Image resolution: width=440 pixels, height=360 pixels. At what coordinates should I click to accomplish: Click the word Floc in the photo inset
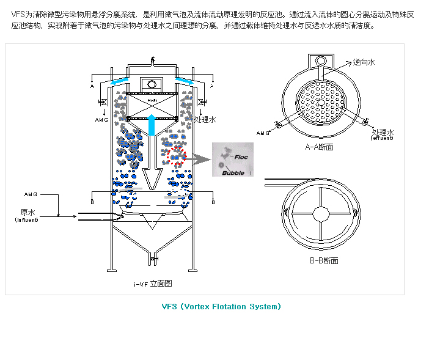pos(241,157)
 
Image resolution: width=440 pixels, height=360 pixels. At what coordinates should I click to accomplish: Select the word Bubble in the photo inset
pos(233,173)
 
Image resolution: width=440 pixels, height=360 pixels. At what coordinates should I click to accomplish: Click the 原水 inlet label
pos(26,213)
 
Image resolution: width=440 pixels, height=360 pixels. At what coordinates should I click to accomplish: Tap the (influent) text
pos(26,220)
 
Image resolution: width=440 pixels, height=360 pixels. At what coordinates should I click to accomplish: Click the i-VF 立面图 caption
pos(153,283)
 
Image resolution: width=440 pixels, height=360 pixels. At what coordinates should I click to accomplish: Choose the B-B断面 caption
pos(323,260)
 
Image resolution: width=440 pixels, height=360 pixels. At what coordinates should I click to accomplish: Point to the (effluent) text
pos(383,138)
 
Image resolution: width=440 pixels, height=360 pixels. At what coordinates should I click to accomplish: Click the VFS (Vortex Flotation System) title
pos(221,306)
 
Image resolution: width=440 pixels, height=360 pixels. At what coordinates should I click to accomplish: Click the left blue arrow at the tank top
pos(120,83)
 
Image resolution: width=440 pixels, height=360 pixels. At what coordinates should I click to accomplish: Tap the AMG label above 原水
pos(31,194)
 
